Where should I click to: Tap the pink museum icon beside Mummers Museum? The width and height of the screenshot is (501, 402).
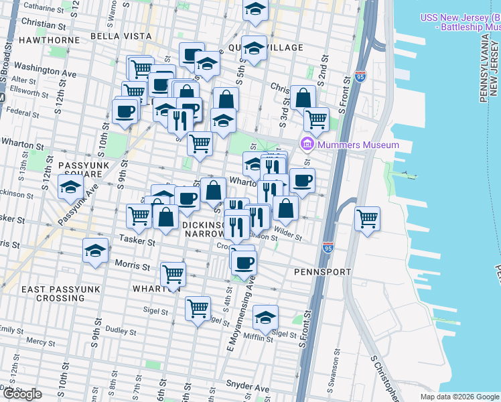pos(307,144)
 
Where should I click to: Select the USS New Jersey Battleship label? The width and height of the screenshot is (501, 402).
pos(460,22)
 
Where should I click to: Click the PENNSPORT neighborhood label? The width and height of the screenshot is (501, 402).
pos(323,272)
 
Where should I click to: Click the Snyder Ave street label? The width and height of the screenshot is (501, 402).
pos(248,388)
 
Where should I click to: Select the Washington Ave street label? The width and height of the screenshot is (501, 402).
pos(46,68)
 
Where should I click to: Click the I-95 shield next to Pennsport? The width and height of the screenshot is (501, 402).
pos(328,247)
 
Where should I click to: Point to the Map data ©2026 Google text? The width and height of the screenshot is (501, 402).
pos(459,397)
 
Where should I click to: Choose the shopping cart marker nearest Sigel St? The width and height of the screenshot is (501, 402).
pos(198,309)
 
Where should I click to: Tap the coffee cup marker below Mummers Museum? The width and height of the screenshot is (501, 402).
pos(302,180)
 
